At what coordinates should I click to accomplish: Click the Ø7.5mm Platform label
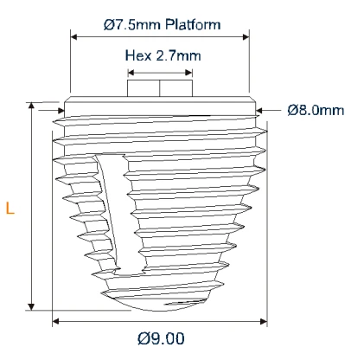(161, 25)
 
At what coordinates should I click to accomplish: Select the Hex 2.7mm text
(163, 55)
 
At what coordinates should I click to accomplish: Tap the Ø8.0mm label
(316, 110)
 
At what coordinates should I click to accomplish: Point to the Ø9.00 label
(161, 338)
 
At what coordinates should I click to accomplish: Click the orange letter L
(10, 208)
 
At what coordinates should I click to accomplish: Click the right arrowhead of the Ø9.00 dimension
(265, 321)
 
